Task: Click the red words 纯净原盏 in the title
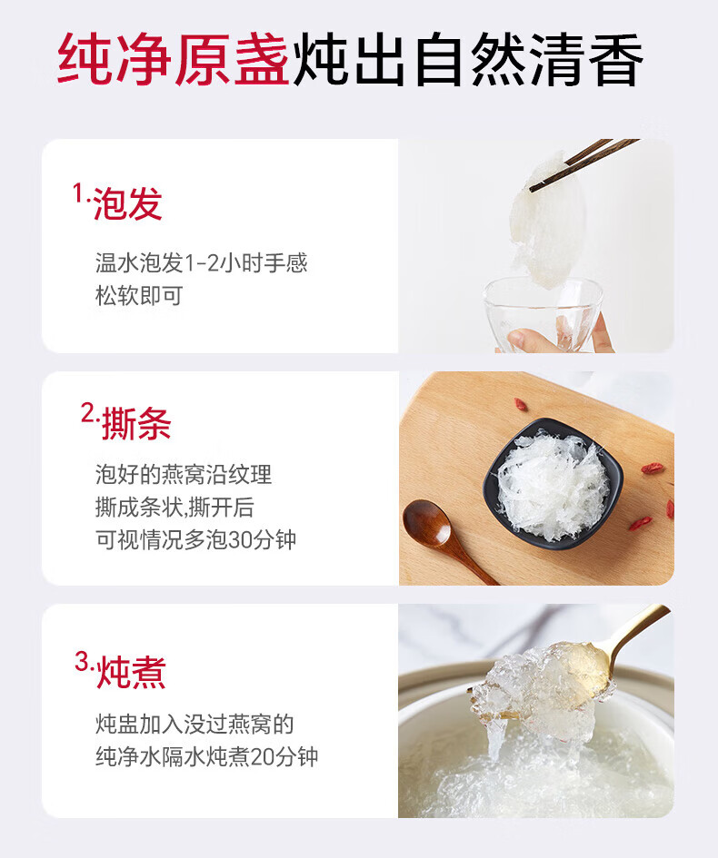coord(173,59)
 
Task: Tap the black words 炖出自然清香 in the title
coord(468,59)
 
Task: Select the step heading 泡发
coord(127,203)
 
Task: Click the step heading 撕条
coord(136,423)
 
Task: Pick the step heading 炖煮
coord(131,672)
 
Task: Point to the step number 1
coord(78,193)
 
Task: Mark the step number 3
coord(82,661)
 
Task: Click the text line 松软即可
coord(139,295)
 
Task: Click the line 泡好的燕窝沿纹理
coord(184,474)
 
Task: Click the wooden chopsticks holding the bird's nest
coord(583,164)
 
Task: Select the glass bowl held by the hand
coord(543,312)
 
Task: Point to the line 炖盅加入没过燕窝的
coord(194,724)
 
